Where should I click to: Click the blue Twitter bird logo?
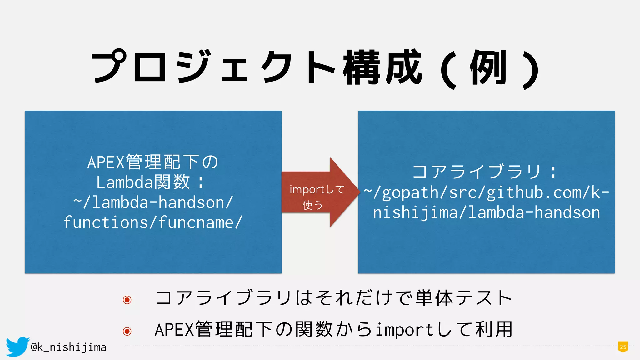[x=17, y=346]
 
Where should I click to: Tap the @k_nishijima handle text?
[x=69, y=347]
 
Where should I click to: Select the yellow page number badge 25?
[x=623, y=347]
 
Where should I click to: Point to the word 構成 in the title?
[x=383, y=67]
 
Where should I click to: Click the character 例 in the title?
[x=488, y=67]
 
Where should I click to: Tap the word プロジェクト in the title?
[x=212, y=67]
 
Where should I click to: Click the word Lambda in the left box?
[x=124, y=182]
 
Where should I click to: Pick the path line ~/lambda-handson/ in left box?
[x=153, y=202]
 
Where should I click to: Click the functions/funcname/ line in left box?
[x=153, y=222]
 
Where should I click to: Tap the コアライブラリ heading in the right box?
[x=477, y=172]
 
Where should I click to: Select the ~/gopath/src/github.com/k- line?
[x=487, y=192]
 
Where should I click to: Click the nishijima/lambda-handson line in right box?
[x=487, y=212]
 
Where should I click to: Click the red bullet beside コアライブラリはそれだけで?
[x=127, y=300]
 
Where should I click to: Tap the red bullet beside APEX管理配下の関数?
[x=127, y=331]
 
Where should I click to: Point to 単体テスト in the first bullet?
[x=464, y=298]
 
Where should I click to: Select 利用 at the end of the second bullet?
[x=494, y=329]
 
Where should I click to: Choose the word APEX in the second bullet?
[x=174, y=330]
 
